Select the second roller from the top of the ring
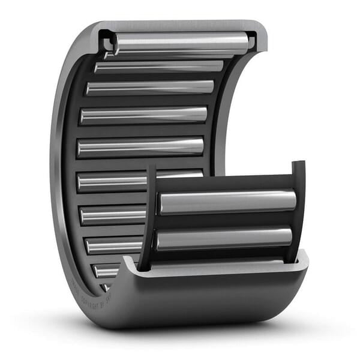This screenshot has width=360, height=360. [x=159, y=67]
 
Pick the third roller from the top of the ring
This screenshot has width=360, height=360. [x=150, y=88]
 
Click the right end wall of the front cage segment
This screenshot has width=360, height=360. [x=298, y=210]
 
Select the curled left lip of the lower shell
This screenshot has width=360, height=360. [x=129, y=264]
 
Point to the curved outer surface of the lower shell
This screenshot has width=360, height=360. [x=204, y=300]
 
